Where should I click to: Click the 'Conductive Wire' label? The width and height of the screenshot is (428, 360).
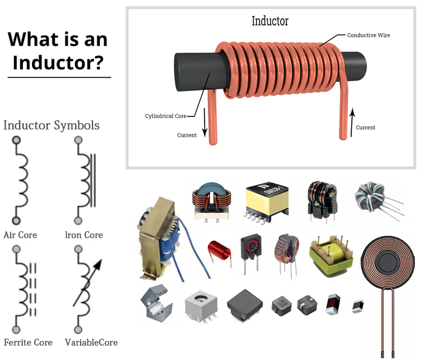pos(369,35)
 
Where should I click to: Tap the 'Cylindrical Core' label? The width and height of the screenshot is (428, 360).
pos(166,116)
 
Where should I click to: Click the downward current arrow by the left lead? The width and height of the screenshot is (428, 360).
pos(204,123)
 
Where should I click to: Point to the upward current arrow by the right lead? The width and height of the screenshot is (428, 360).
pos(352,122)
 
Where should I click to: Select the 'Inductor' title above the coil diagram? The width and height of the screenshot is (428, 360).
pos(270,21)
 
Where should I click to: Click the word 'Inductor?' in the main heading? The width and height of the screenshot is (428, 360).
pos(58,63)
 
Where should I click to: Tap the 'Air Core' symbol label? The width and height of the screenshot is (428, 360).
pos(20,235)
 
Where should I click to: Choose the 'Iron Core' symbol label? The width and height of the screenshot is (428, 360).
pos(84,235)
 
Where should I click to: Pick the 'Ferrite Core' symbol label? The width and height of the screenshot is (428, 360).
pos(28,342)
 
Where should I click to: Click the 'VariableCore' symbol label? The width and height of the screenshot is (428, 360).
pos(91,342)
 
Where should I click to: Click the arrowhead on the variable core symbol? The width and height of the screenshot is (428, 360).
pos(98,264)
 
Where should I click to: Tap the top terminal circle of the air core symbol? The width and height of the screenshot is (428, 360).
pos(16,140)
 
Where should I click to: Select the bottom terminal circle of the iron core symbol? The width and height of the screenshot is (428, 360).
pos(78,221)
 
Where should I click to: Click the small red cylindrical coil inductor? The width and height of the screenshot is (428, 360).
pos(220,251)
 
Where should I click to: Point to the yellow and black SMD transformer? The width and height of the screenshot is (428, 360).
pos(267,201)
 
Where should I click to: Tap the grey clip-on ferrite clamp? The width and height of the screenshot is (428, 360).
pos(156,303)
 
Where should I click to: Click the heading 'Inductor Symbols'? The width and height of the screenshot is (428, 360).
pos(52,125)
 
